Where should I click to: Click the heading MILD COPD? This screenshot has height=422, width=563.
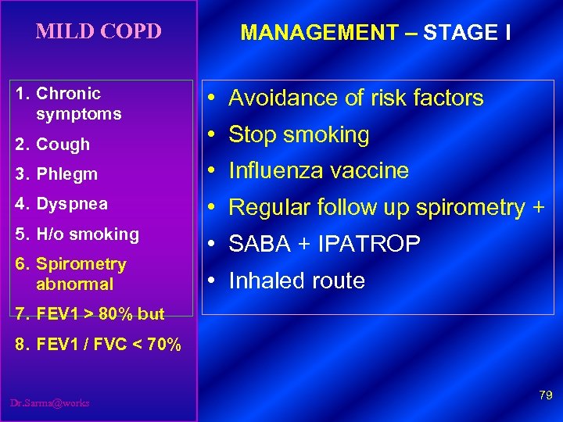[99, 32]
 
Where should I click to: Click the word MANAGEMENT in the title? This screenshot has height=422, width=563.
[320, 33]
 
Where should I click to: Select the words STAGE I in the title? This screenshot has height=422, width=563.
[467, 33]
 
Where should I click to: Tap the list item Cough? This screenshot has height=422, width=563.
[63, 145]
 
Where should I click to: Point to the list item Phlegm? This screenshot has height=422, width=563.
[66, 174]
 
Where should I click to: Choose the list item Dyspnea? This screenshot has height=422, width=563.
[71, 204]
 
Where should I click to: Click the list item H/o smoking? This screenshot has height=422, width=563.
[87, 234]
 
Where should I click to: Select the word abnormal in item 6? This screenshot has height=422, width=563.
[74, 284]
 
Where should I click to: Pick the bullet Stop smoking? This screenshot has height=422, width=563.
[298, 135]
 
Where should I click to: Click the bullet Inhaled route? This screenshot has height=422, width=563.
[296, 281]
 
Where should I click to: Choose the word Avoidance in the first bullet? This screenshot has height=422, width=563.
[282, 98]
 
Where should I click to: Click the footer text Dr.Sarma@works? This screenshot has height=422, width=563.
[49, 403]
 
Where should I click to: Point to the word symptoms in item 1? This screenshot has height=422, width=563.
[78, 114]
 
